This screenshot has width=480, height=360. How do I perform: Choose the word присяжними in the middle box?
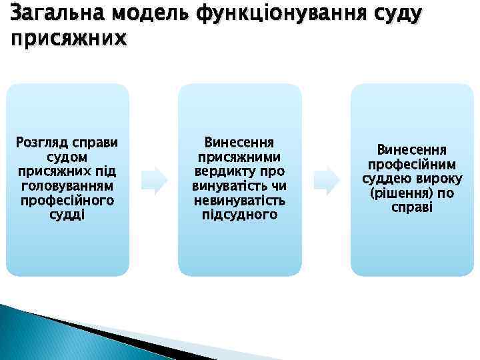tap(239, 157)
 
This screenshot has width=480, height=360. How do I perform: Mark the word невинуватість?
tap(239, 201)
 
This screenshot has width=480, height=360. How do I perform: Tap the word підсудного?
tap(239, 215)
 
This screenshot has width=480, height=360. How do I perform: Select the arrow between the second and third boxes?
tap(327, 180)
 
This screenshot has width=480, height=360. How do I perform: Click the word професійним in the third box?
tap(412, 164)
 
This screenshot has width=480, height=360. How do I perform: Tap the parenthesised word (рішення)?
tap(399, 193)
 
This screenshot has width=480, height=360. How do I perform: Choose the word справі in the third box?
tap(412, 208)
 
